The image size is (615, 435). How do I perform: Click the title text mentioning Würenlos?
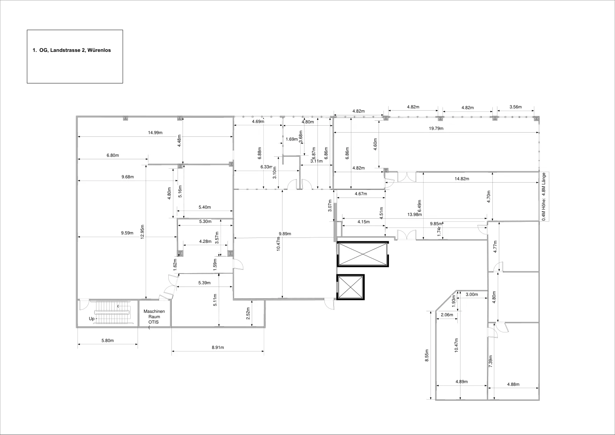tap(71, 50)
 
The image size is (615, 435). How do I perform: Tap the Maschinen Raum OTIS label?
tap(154, 317)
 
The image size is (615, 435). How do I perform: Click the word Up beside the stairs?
tap(92, 319)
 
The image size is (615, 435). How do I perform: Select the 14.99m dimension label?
tap(155, 133)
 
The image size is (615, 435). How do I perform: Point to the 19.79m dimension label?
tap(436, 128)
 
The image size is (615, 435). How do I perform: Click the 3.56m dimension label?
tap(515, 107)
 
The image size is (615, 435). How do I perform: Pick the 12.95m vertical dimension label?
tap(142, 232)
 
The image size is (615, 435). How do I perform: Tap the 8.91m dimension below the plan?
tap(218, 347)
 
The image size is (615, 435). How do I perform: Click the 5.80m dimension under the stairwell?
tap(108, 340)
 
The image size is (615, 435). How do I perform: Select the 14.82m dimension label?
tap(462, 179)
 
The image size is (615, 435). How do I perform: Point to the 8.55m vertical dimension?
tap(427, 355)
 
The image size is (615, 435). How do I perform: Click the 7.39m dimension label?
tap(490, 362)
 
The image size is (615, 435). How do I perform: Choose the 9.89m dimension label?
tap(285, 234)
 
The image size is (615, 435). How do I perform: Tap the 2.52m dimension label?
tap(248, 314)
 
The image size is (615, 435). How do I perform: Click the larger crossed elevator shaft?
tap(363, 254)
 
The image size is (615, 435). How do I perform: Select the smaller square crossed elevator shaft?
tap(350, 287)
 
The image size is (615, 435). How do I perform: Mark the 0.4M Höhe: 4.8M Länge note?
tap(544, 197)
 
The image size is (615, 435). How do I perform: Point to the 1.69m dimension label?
tap(292, 139)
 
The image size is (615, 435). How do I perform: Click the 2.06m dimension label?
tap(447, 315)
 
